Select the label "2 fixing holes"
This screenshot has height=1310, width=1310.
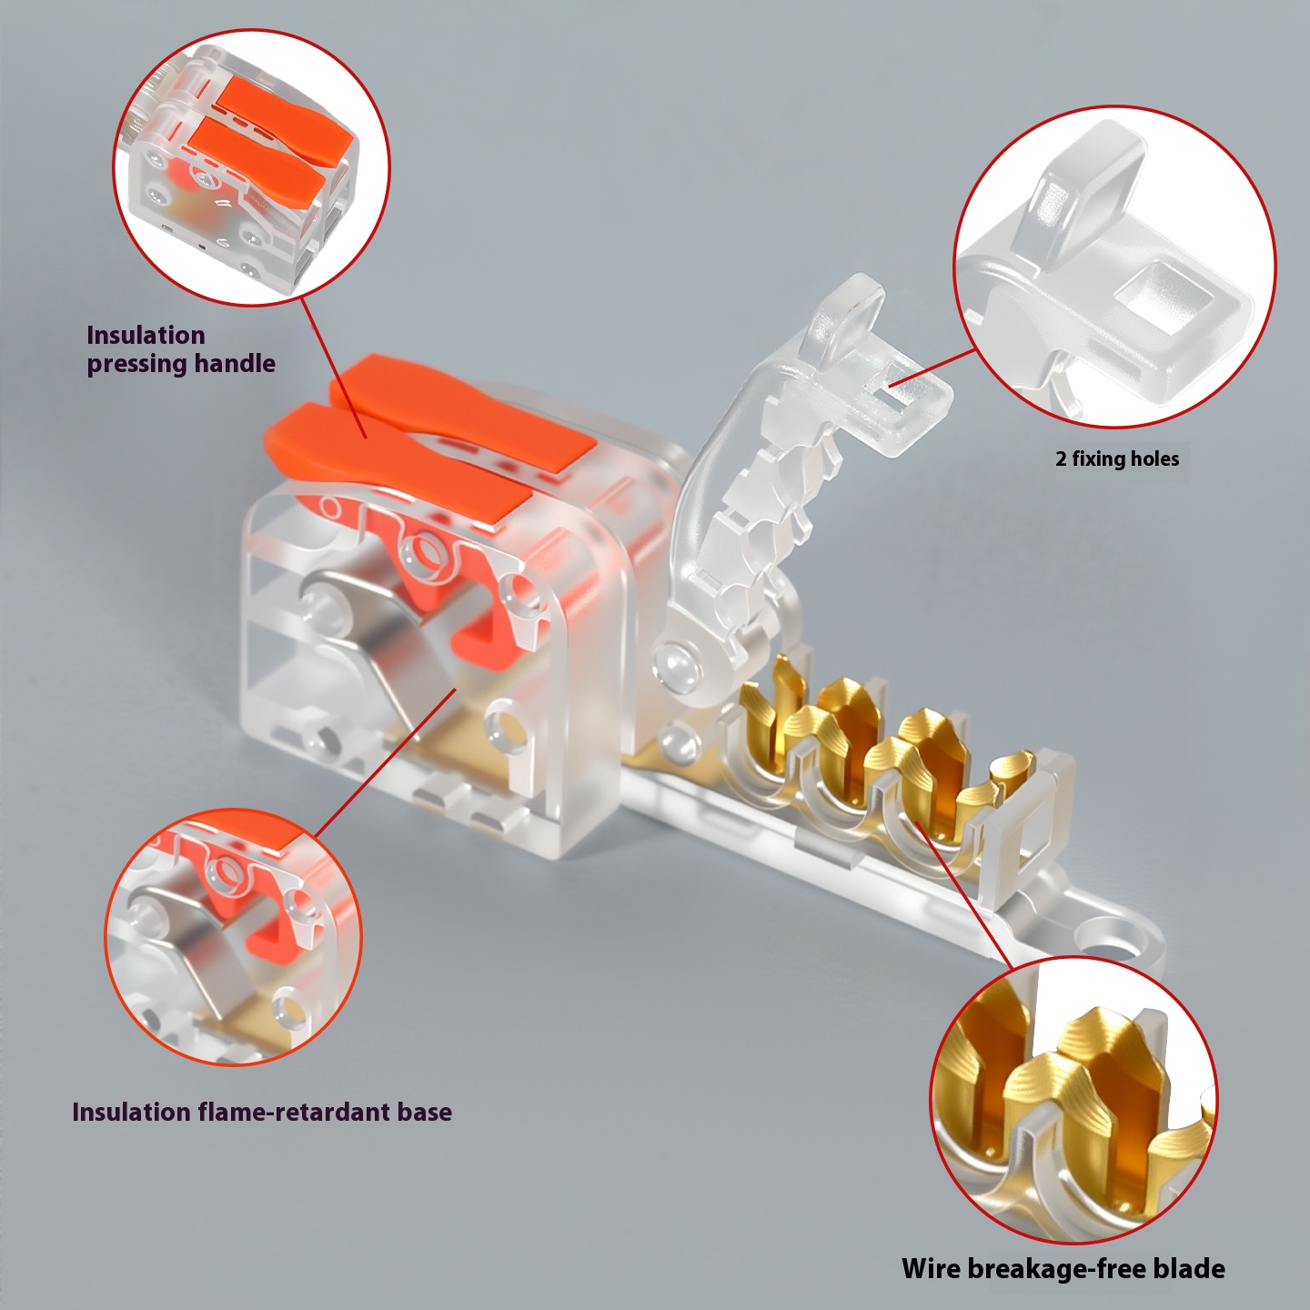click(x=1118, y=458)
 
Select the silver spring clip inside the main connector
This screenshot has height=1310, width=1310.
click(x=380, y=639)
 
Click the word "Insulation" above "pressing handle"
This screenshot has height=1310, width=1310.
click(x=146, y=335)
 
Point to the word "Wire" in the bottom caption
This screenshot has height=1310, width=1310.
click(x=930, y=1268)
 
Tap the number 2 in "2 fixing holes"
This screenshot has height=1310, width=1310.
click(x=1061, y=459)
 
